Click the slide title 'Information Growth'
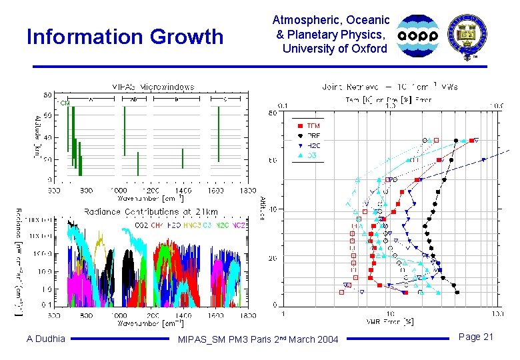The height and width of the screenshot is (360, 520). pos(125,37)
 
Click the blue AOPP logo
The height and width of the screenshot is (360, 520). pos(418,35)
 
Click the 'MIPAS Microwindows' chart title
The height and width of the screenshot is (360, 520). pos(153,87)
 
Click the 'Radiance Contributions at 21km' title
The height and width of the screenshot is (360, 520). pos(151,211)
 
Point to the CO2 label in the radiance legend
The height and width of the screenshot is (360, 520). pos(141,225)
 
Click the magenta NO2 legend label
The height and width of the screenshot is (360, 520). pos(239,225)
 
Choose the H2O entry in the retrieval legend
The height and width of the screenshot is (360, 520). pos(313,145)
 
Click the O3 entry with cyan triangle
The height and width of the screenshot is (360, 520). pos(309,155)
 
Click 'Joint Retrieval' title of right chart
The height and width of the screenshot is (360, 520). pos(390,87)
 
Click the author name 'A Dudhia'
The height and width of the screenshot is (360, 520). pos(46,339)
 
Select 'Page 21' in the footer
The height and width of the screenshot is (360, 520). pos(477,337)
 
